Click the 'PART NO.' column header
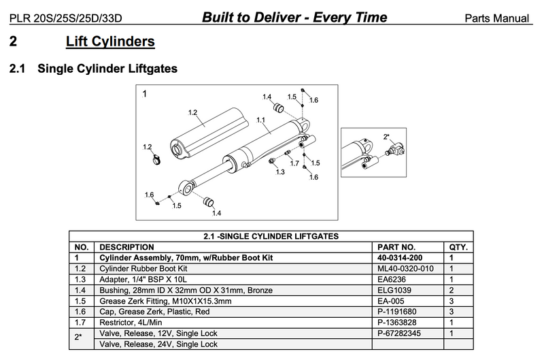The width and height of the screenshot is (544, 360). [x=396, y=247]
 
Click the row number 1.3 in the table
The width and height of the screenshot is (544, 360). [x=80, y=280]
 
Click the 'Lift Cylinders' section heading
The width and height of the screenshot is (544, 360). [x=110, y=42]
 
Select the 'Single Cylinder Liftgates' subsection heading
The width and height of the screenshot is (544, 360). [x=107, y=69]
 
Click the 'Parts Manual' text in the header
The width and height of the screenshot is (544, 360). [x=502, y=16]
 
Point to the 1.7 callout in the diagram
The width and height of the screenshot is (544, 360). [x=294, y=164]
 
